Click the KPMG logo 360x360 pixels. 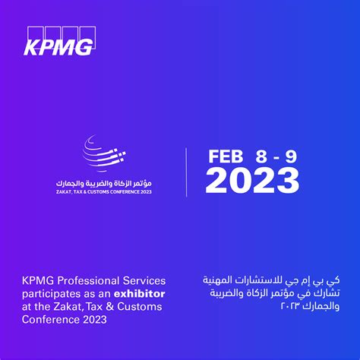[x=59, y=41]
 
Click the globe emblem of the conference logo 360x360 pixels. [x=104, y=153]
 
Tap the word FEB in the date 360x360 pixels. [x=226, y=156]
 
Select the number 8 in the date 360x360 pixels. [x=261, y=156]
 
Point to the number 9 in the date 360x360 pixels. [x=291, y=156]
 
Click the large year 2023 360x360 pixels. [x=252, y=181]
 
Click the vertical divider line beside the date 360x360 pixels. [x=186, y=172]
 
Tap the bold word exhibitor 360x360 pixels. [x=139, y=294]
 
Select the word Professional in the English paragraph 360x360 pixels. [x=88, y=281]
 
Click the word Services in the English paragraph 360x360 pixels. [x=144, y=281]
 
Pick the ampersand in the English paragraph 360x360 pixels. [x=109, y=307]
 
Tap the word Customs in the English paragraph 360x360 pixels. [x=140, y=307]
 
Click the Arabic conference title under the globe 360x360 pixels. [x=104, y=183]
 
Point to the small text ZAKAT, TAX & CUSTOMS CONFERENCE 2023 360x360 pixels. [x=104, y=192]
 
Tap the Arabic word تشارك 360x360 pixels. [x=327, y=294]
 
